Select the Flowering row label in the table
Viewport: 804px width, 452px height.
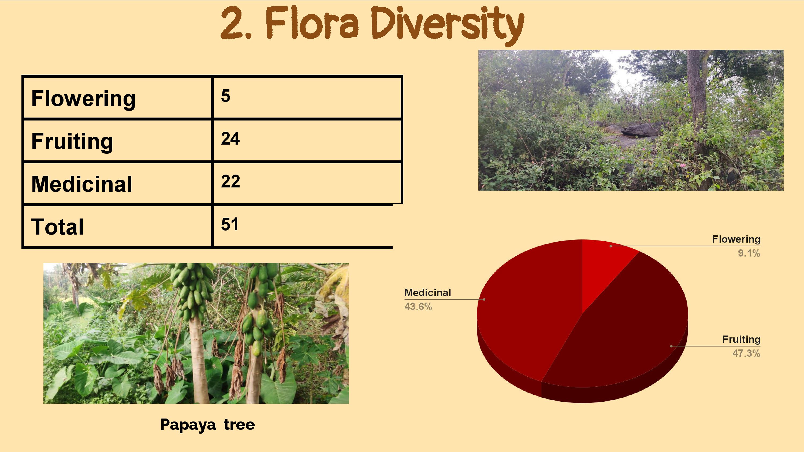pyautogui.click(x=83, y=99)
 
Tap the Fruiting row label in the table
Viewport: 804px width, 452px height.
pyautogui.click(x=72, y=142)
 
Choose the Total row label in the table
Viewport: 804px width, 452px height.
pyautogui.click(x=57, y=227)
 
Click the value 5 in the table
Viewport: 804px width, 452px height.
pyautogui.click(x=226, y=96)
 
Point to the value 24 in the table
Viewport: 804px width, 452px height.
pyautogui.click(x=230, y=138)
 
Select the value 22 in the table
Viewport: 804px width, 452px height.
pyautogui.click(x=230, y=181)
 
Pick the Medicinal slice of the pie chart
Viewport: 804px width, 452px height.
pyautogui.click(x=527, y=306)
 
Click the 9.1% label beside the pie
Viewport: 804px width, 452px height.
pyautogui.click(x=749, y=253)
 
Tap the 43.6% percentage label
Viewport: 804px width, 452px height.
pyautogui.click(x=418, y=307)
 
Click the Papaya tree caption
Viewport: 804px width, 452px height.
pyautogui.click(x=207, y=424)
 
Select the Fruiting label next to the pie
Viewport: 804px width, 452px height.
pyautogui.click(x=741, y=339)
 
